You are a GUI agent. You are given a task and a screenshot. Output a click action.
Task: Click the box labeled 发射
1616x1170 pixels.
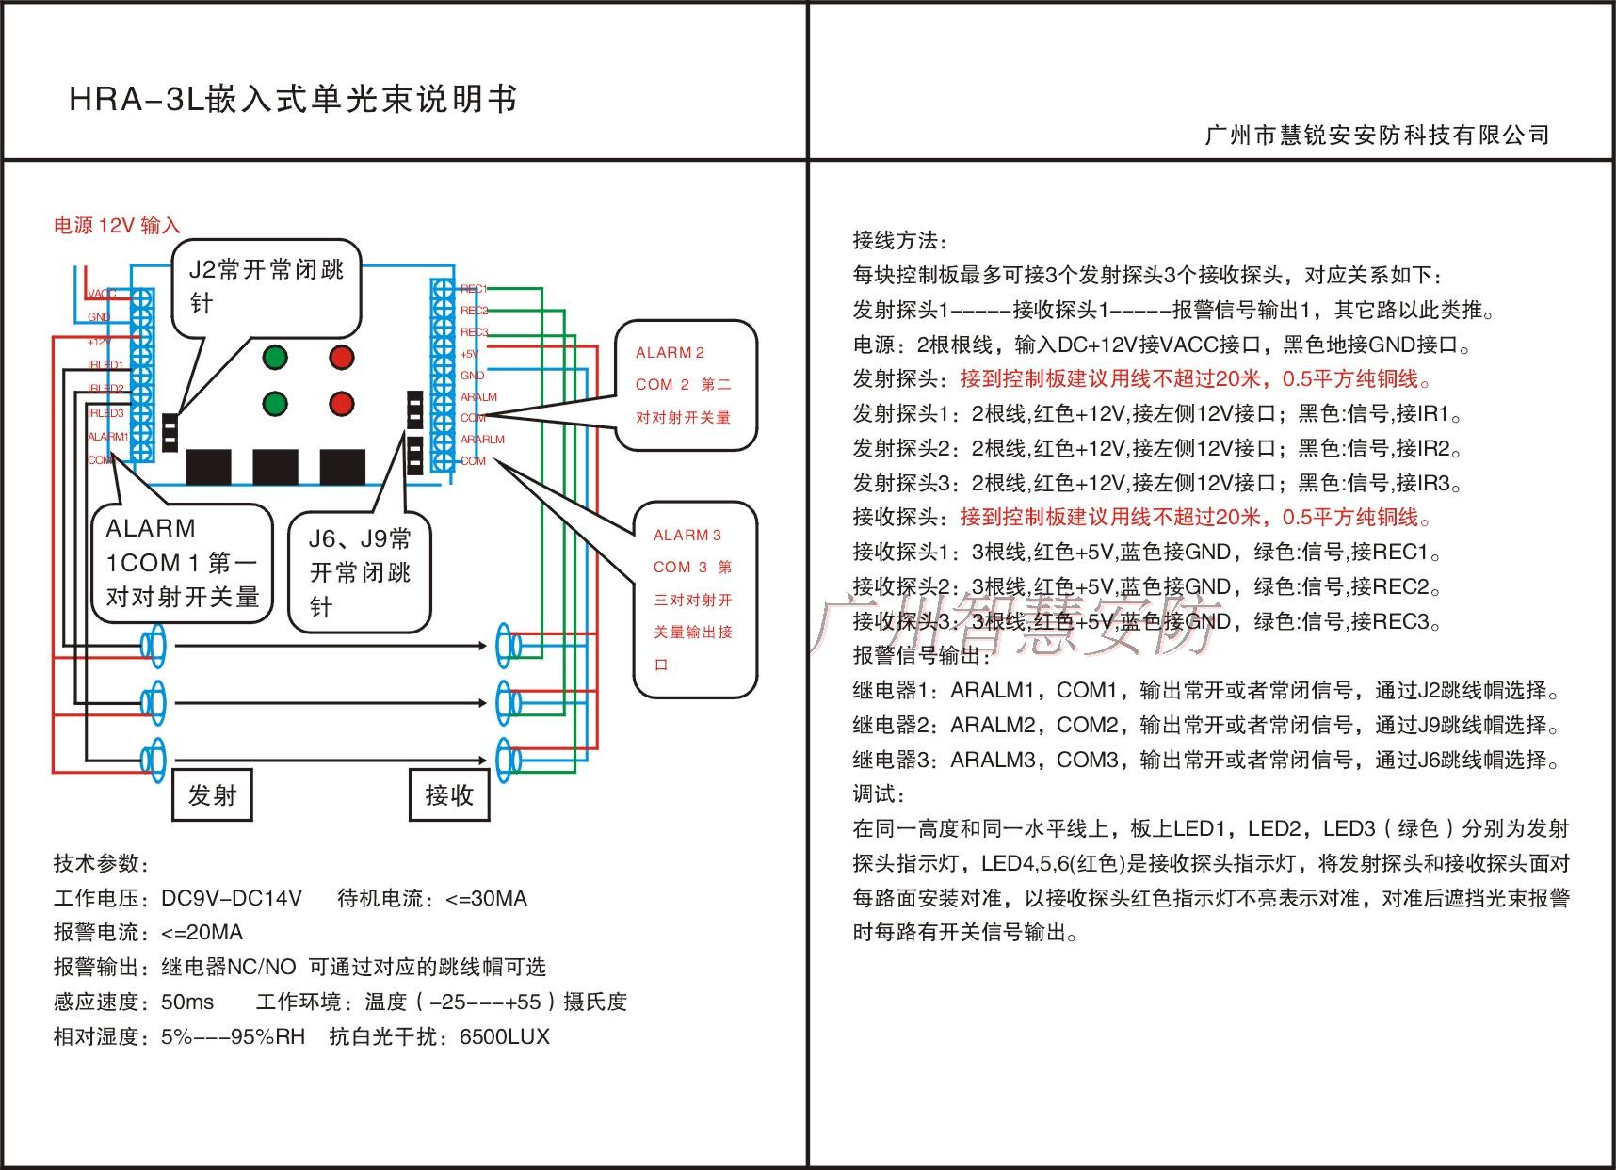point(212,795)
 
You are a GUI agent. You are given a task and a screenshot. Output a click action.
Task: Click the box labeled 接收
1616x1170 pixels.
point(449,795)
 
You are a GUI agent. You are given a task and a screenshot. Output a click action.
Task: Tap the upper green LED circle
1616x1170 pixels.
point(275,358)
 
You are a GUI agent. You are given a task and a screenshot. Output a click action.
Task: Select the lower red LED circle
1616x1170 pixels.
point(342,404)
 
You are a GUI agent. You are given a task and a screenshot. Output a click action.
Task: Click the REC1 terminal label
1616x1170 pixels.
point(474,289)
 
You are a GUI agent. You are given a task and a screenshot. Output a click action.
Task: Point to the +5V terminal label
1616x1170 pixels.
point(469,354)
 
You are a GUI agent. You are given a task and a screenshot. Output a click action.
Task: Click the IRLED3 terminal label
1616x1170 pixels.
point(105,413)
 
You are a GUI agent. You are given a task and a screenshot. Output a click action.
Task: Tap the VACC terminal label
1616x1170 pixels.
point(102,295)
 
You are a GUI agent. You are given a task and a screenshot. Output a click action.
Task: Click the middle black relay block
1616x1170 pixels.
point(275,467)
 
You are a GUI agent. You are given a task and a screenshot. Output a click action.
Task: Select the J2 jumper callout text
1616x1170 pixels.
point(267,286)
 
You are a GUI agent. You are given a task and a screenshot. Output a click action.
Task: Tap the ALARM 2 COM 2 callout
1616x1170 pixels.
point(685,385)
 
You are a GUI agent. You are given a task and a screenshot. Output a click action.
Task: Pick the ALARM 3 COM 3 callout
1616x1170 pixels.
point(694,600)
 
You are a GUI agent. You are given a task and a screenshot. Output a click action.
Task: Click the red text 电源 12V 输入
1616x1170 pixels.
point(117,226)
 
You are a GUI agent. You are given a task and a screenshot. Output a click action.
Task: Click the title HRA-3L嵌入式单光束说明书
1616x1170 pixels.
point(293,100)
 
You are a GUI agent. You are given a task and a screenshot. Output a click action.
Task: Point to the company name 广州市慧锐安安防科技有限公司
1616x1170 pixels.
point(1377,136)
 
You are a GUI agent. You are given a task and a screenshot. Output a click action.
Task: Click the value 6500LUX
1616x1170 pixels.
point(504,1037)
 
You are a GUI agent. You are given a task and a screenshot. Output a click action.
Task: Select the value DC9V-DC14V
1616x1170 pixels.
point(232,898)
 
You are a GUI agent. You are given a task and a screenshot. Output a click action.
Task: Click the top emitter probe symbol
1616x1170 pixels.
point(153,646)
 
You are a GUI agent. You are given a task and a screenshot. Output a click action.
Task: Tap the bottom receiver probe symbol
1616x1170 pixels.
point(509,758)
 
